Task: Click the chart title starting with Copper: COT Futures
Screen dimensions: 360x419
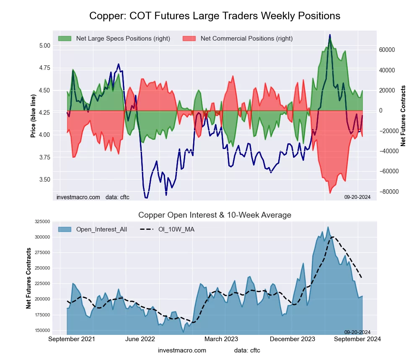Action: (x=215, y=16)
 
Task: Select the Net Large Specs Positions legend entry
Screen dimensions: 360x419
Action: (x=123, y=39)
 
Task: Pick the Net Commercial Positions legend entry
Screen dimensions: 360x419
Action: (x=246, y=39)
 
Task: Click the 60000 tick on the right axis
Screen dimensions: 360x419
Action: (x=387, y=50)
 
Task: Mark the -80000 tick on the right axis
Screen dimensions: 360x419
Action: (x=386, y=192)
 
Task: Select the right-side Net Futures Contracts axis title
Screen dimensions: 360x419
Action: (x=403, y=116)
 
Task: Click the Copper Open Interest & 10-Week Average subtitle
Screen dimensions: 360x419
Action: (x=215, y=215)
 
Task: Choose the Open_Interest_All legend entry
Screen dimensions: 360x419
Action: (x=101, y=229)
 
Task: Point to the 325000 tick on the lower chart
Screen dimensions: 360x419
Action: (x=42, y=221)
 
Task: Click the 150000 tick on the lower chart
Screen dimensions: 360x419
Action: (x=42, y=330)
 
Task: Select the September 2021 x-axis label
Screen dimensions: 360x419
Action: (x=72, y=339)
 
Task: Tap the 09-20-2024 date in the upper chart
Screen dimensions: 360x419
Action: (x=357, y=197)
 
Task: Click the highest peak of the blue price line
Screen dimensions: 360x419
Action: (x=330, y=35)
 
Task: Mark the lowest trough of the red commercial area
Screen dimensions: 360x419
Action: (x=330, y=193)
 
